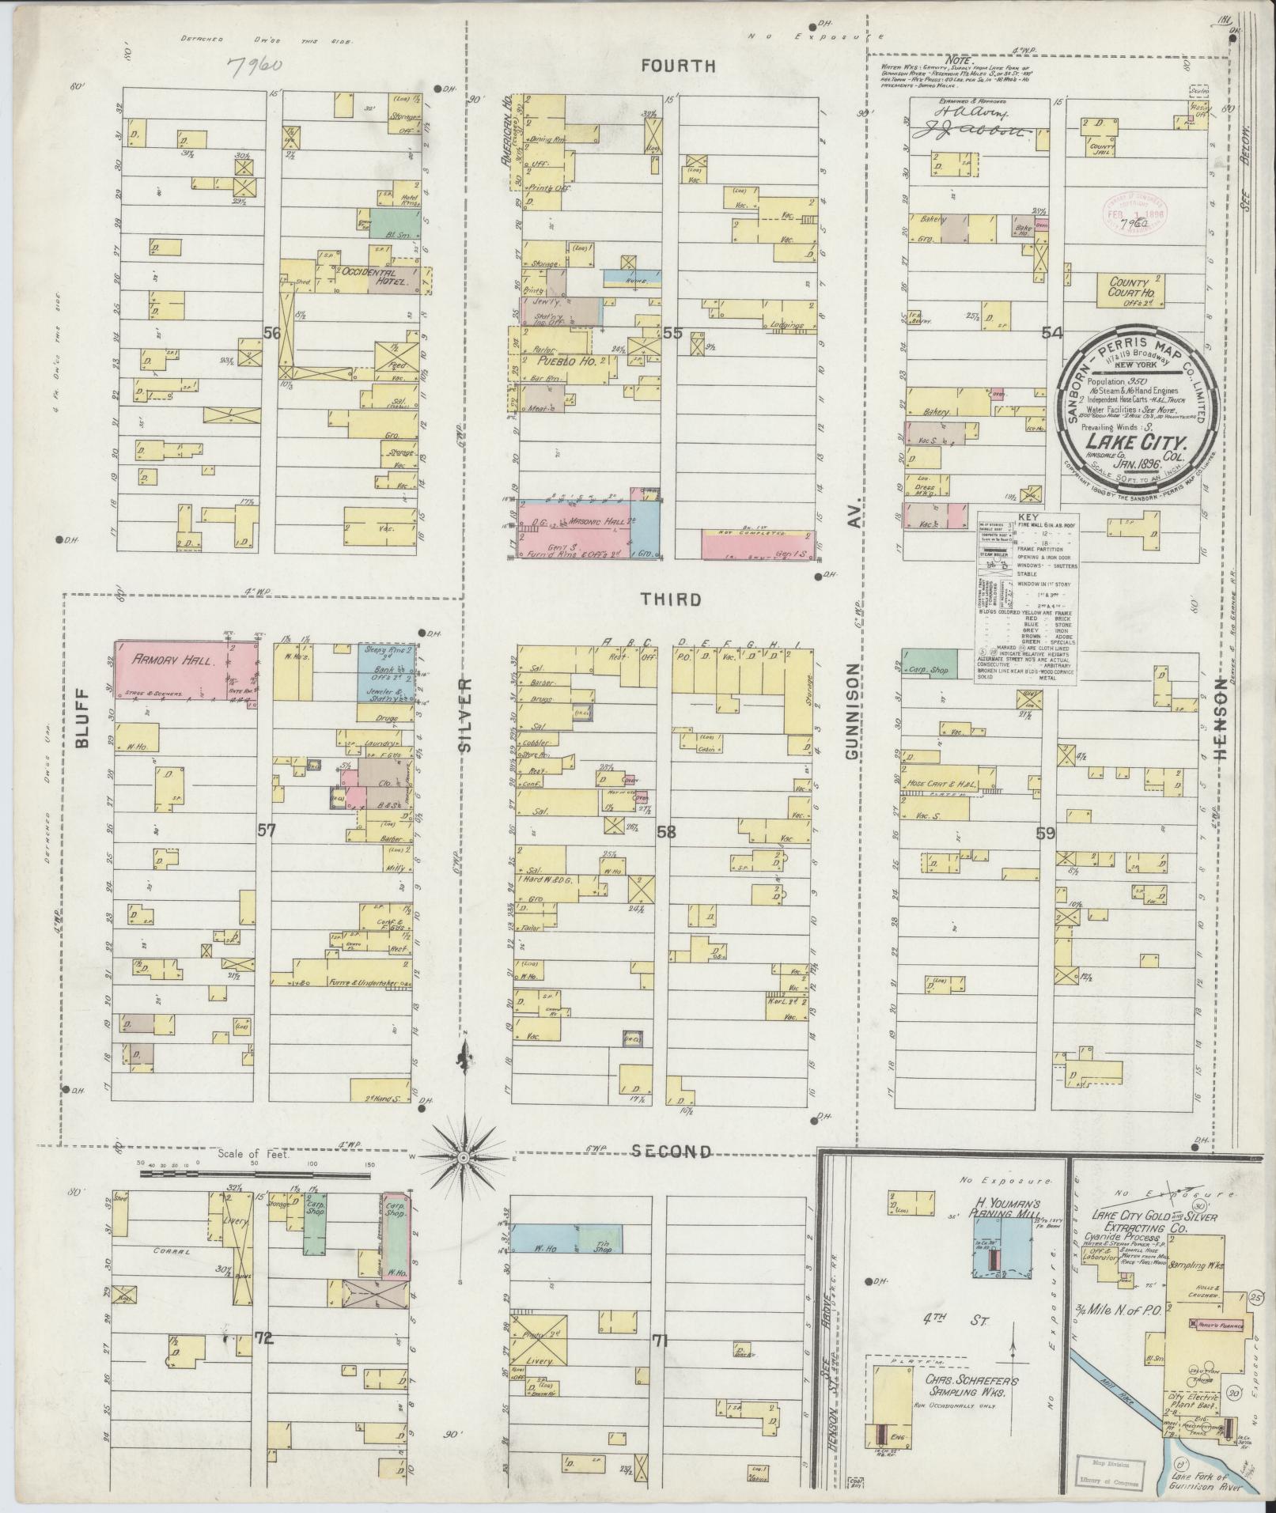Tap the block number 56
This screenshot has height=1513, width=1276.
[x=272, y=334]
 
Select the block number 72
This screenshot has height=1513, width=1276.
[x=263, y=1338]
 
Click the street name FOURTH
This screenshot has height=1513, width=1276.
[x=678, y=66]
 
